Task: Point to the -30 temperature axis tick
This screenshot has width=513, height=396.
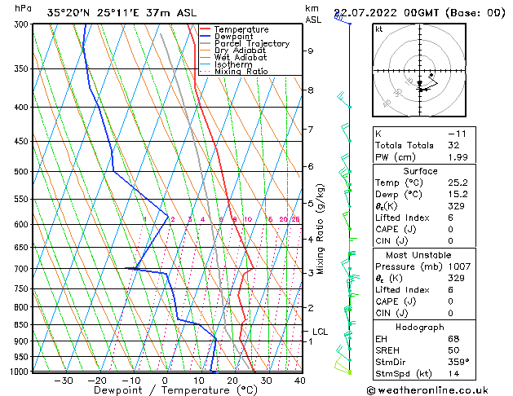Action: coord(63,380)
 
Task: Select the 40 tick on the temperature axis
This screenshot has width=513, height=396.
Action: coord(299,380)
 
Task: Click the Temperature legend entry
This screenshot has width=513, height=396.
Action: coord(241,29)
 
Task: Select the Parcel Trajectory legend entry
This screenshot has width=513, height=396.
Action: coord(251,44)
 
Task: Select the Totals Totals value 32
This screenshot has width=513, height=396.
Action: coord(454,145)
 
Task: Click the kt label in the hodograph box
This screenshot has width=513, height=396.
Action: coord(378,29)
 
